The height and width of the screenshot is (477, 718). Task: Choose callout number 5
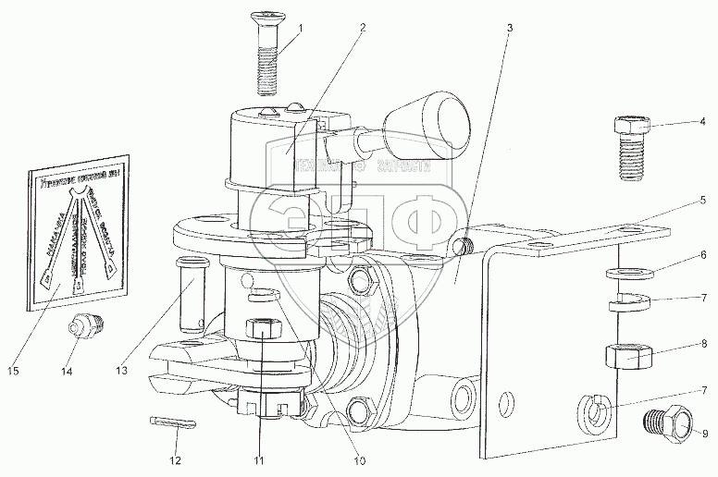coord(703,200)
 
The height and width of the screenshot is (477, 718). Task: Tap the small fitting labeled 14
coord(85,327)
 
